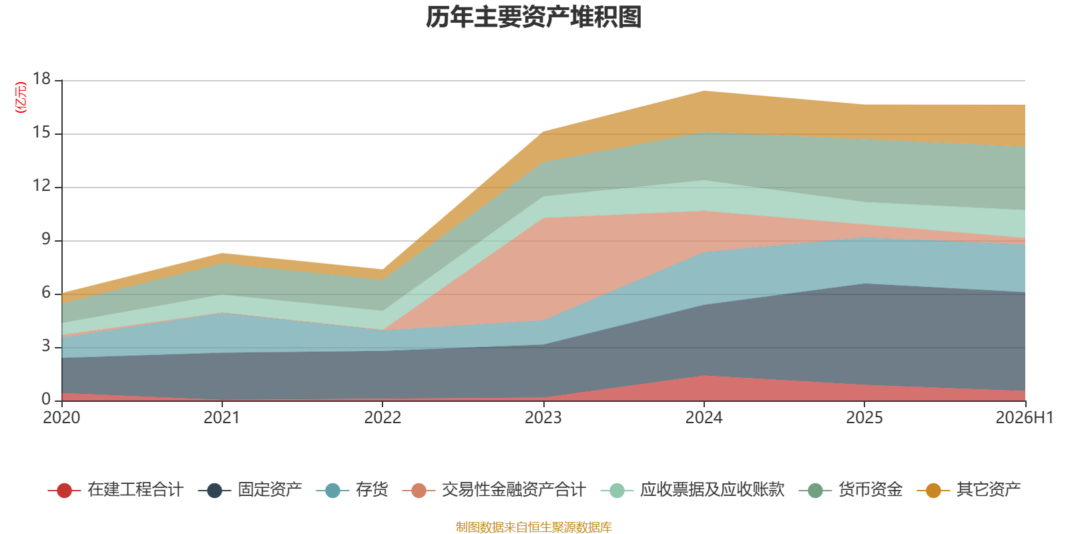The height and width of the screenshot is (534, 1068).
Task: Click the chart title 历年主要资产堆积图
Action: pyautogui.click(x=533, y=17)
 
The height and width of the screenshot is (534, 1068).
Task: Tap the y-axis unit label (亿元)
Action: pyautogui.click(x=21, y=97)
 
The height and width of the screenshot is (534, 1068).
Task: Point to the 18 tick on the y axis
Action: pyautogui.click(x=41, y=79)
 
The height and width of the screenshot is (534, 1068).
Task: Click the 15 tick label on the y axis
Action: pyautogui.click(x=41, y=132)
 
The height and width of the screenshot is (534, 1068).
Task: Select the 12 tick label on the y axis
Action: pyautogui.click(x=41, y=186)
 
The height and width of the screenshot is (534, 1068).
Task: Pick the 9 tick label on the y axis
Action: pyautogui.click(x=46, y=239)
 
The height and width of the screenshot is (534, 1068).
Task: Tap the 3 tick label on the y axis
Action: pyautogui.click(x=46, y=346)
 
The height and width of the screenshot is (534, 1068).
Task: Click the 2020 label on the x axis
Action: pyautogui.click(x=61, y=418)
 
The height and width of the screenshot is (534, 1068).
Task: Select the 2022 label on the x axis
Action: pyautogui.click(x=382, y=418)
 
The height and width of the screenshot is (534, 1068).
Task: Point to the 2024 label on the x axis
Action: pyautogui.click(x=704, y=418)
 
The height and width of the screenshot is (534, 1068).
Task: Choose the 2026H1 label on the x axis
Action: pyautogui.click(x=1024, y=418)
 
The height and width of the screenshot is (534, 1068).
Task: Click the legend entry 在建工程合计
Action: pyautogui.click(x=115, y=490)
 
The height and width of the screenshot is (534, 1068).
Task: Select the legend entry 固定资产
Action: pyautogui.click(x=250, y=490)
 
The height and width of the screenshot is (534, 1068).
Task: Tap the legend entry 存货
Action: pyautogui.click(x=352, y=490)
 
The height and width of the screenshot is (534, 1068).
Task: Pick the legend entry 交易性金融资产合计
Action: pyautogui.click(x=494, y=490)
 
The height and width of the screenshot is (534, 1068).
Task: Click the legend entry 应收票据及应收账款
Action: pyautogui.click(x=692, y=490)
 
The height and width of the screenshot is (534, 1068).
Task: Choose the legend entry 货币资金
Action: pyautogui.click(x=850, y=490)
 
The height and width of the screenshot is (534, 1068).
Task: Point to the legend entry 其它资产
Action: pyautogui.click(x=969, y=490)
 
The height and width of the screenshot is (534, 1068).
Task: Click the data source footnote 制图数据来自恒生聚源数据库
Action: pyautogui.click(x=533, y=527)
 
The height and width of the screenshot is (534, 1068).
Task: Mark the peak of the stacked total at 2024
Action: pyautogui.click(x=704, y=91)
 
